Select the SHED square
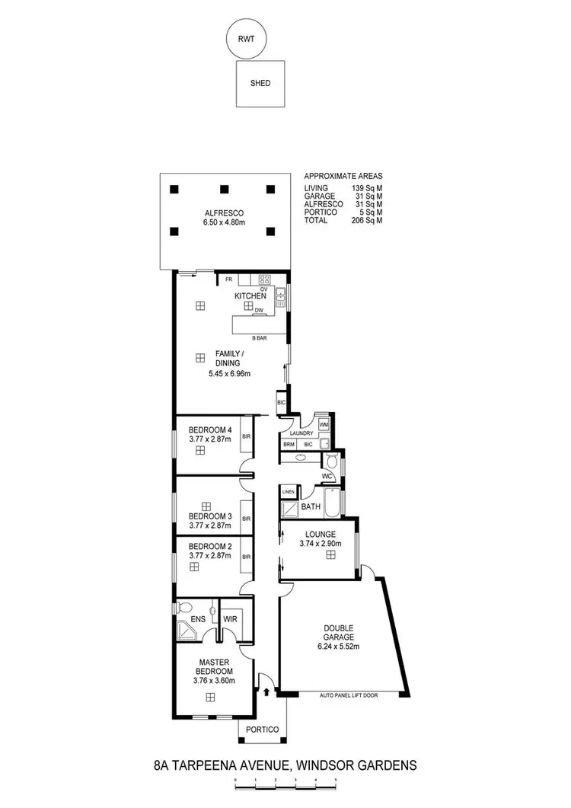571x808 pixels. click(260, 84)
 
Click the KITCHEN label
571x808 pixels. click(250, 295)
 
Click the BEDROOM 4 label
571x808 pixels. click(204, 429)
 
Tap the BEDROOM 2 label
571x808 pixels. click(204, 546)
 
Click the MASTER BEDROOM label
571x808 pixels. click(209, 666)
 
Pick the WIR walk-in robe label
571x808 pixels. click(231, 620)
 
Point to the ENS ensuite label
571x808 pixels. click(198, 620)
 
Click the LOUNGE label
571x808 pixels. click(319, 534)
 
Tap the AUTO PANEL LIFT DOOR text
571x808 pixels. click(348, 695)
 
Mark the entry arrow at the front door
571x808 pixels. click(266, 692)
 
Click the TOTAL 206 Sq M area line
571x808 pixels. click(343, 220)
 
